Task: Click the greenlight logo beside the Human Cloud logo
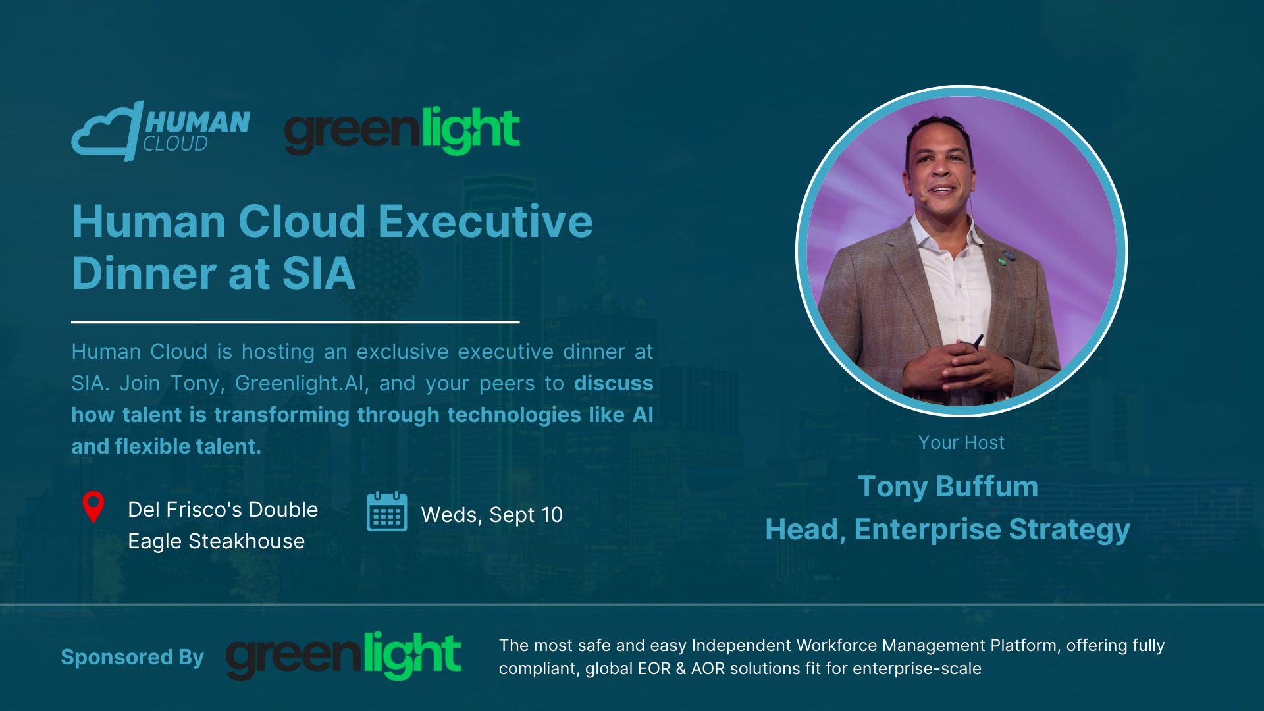click(402, 130)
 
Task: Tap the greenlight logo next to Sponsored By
click(344, 656)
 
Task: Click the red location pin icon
click(93, 507)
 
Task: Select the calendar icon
click(387, 512)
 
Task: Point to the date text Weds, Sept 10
click(492, 515)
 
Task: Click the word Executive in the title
click(486, 221)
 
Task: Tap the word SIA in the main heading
click(319, 273)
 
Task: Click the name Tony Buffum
click(948, 487)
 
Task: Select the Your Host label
click(962, 442)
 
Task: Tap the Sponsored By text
click(132, 657)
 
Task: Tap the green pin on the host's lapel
click(1002, 261)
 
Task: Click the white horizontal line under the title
click(296, 322)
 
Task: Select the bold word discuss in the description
click(614, 383)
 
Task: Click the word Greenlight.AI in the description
click(300, 383)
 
